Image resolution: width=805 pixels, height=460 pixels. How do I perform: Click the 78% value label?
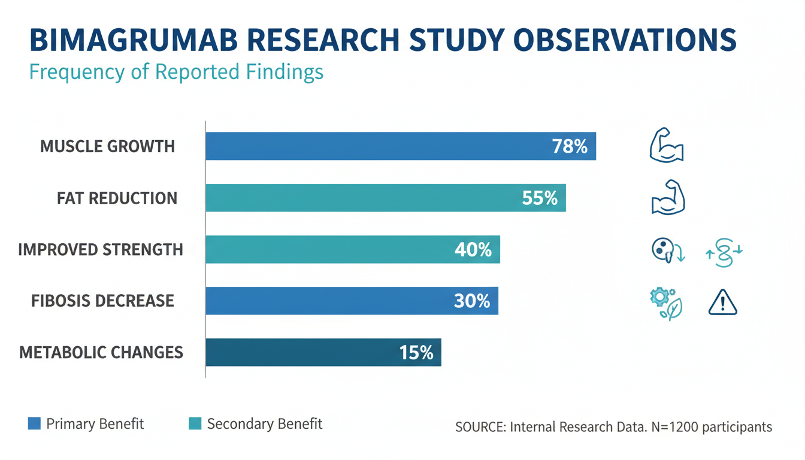pos(570,146)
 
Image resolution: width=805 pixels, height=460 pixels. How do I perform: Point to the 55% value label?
pos(540,198)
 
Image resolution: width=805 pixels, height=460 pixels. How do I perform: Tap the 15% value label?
pos(416,352)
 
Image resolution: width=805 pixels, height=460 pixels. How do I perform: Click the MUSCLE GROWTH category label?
pos(108,146)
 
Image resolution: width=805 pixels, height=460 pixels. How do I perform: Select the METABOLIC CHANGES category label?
pos(101,352)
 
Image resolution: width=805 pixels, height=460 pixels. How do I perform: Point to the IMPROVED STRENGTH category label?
pos(101,249)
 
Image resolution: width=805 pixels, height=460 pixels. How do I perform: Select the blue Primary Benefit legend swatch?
pos(35,424)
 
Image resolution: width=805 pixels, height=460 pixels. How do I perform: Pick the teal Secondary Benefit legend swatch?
pos(195,424)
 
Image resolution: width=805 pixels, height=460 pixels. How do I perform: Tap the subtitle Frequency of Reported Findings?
pos(176,72)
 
